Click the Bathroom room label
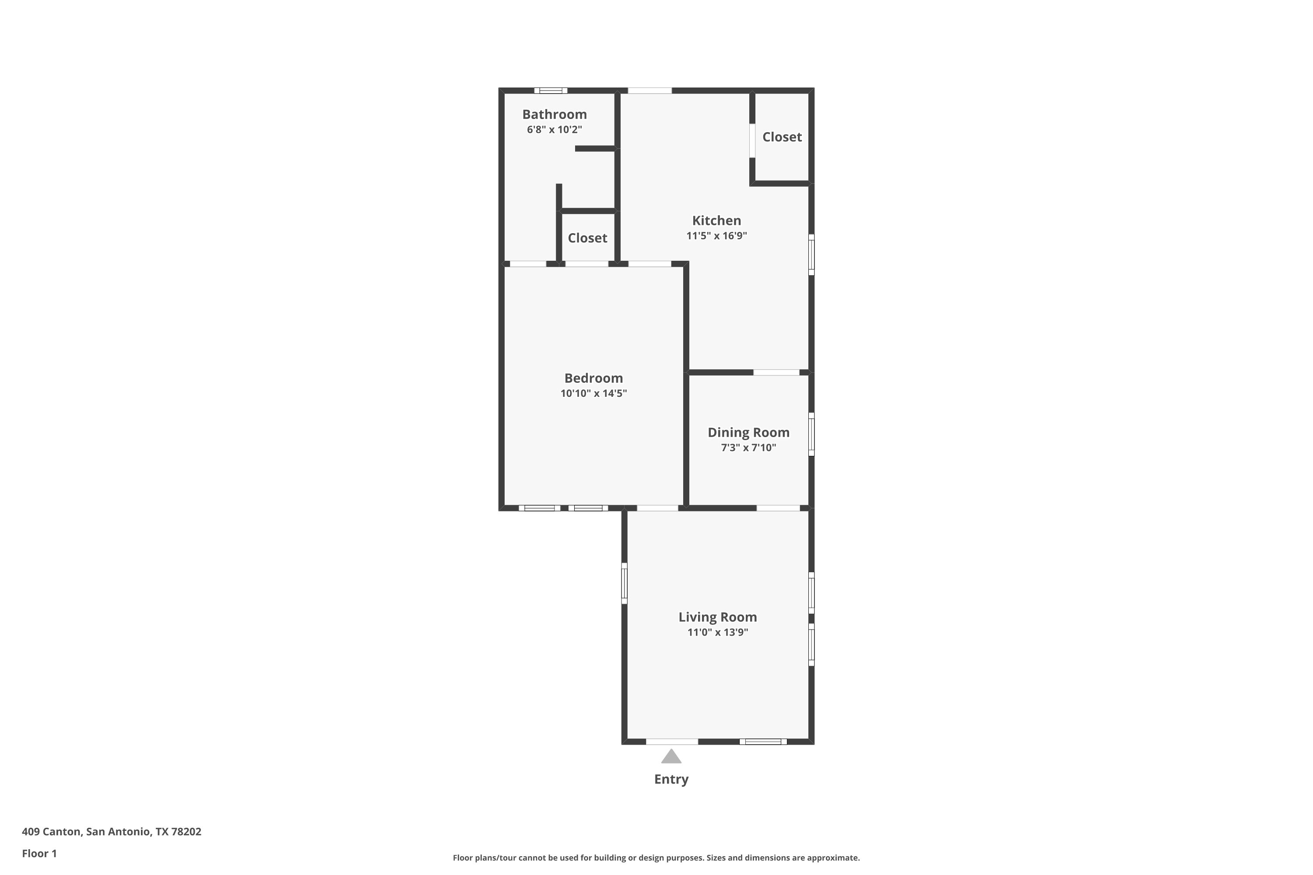click(x=555, y=114)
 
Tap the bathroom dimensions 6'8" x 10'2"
click(x=555, y=129)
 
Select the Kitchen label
click(x=717, y=220)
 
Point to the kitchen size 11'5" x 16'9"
click(x=717, y=235)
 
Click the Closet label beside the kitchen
click(x=782, y=136)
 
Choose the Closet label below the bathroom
click(x=587, y=238)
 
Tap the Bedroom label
click(x=593, y=378)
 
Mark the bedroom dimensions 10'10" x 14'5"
click(x=593, y=393)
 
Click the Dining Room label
click(x=748, y=433)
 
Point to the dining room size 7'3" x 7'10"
click(x=748, y=448)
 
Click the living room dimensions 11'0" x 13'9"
click(x=718, y=632)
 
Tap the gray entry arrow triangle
click(x=671, y=757)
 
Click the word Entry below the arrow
click(x=671, y=779)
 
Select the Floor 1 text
click(x=39, y=853)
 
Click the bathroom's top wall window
click(x=551, y=91)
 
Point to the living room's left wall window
click(x=624, y=583)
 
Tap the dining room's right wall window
click(x=811, y=434)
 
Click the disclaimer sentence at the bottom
click(x=656, y=857)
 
